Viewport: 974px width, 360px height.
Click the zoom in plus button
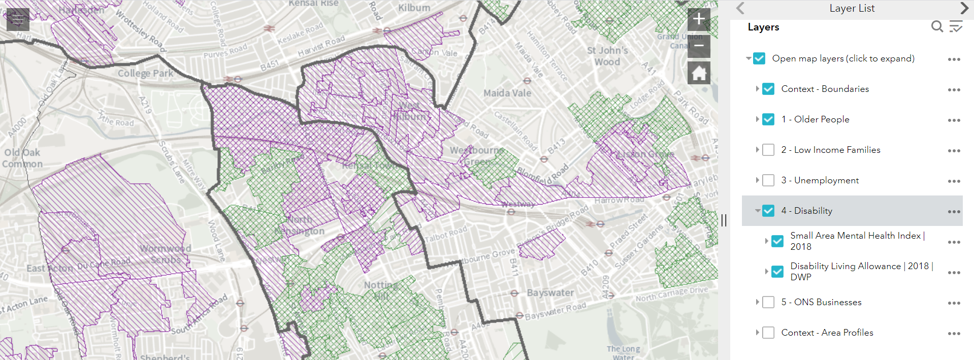pos(699,19)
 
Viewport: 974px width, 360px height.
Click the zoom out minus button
pos(699,46)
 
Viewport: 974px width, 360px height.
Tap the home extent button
pos(699,73)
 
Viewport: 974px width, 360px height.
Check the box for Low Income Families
pos(768,150)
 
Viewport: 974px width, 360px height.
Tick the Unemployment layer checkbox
pos(768,180)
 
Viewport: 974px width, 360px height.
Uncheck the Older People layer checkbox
pos(768,119)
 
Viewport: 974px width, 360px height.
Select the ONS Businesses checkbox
pos(768,302)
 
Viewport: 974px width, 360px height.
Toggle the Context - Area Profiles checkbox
pos(768,333)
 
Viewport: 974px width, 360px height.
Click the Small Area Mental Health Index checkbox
pos(777,241)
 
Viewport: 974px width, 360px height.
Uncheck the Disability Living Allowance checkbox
pos(777,272)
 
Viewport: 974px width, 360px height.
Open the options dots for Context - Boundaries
pos(954,90)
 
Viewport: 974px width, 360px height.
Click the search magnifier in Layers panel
pos(937,26)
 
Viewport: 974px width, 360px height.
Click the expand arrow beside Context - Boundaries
pos(757,89)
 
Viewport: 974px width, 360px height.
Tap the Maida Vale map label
pos(507,93)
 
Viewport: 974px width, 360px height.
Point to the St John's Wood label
pos(607,56)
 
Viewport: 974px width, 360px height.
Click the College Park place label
pos(146,73)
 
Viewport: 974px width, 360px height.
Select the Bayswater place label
pos(550,292)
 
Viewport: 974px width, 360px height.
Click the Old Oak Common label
pos(22,158)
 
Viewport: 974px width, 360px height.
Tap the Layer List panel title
pos(852,8)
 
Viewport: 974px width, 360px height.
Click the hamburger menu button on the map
pos(18,20)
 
